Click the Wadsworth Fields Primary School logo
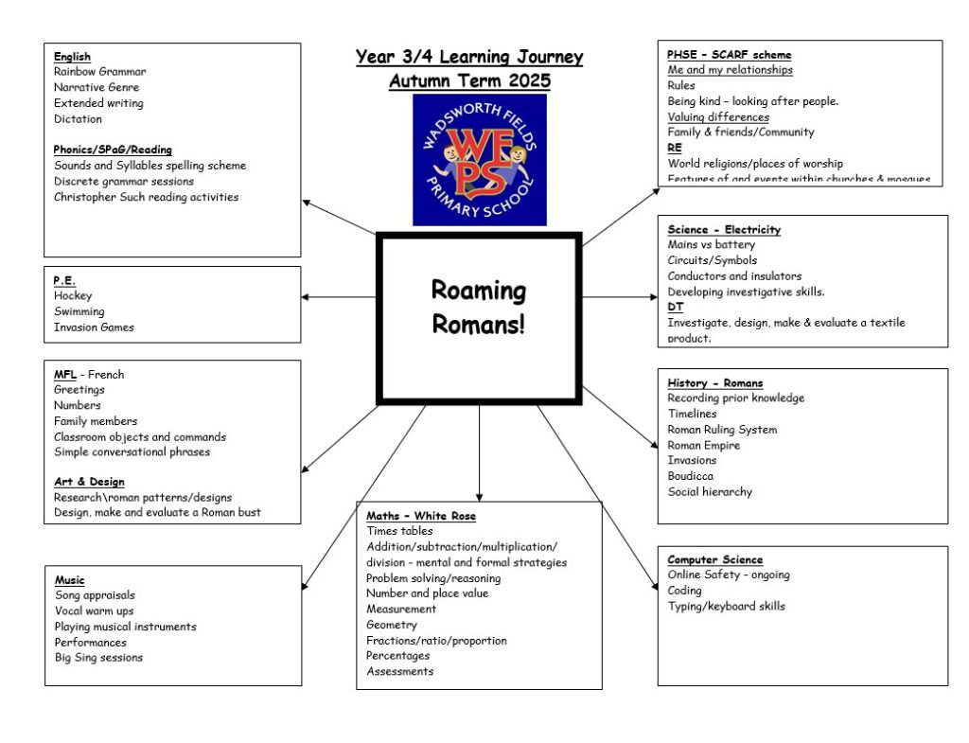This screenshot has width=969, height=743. (x=479, y=159)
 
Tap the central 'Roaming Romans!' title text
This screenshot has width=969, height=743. (x=478, y=307)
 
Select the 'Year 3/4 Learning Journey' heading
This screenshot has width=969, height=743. (x=469, y=58)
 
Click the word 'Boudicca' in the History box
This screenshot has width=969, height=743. (x=690, y=476)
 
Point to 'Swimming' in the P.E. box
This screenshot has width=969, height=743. (x=79, y=311)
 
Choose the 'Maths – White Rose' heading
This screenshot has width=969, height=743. (x=421, y=516)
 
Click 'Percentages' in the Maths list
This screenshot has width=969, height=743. (x=397, y=656)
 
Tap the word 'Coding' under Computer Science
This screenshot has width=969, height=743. (x=684, y=591)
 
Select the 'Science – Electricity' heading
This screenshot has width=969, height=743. (x=724, y=230)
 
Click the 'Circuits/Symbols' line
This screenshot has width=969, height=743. (x=712, y=260)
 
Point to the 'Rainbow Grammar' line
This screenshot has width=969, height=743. (x=99, y=72)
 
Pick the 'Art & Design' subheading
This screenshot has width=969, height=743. (x=89, y=482)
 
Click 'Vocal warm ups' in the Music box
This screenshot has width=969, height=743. (x=95, y=611)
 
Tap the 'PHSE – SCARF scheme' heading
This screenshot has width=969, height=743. (x=729, y=55)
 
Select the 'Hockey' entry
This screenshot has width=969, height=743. (x=73, y=296)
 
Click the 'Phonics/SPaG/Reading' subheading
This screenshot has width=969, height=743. (x=113, y=150)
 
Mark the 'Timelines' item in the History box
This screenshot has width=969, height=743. (x=692, y=414)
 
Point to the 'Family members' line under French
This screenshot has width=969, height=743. (x=96, y=421)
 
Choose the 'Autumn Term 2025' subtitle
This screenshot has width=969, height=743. (x=469, y=81)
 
